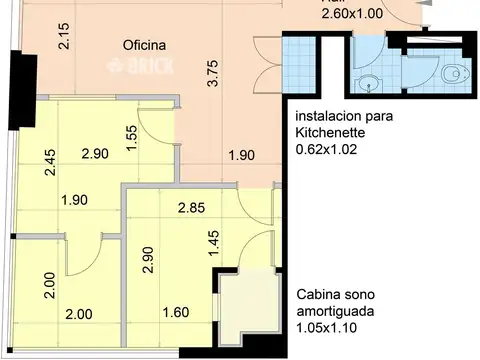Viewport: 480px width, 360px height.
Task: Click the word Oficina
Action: [144, 46]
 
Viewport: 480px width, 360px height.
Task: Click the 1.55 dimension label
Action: [131, 135]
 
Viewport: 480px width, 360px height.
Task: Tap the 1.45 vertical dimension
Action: [213, 243]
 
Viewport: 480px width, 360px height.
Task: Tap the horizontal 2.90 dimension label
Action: [94, 154]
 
